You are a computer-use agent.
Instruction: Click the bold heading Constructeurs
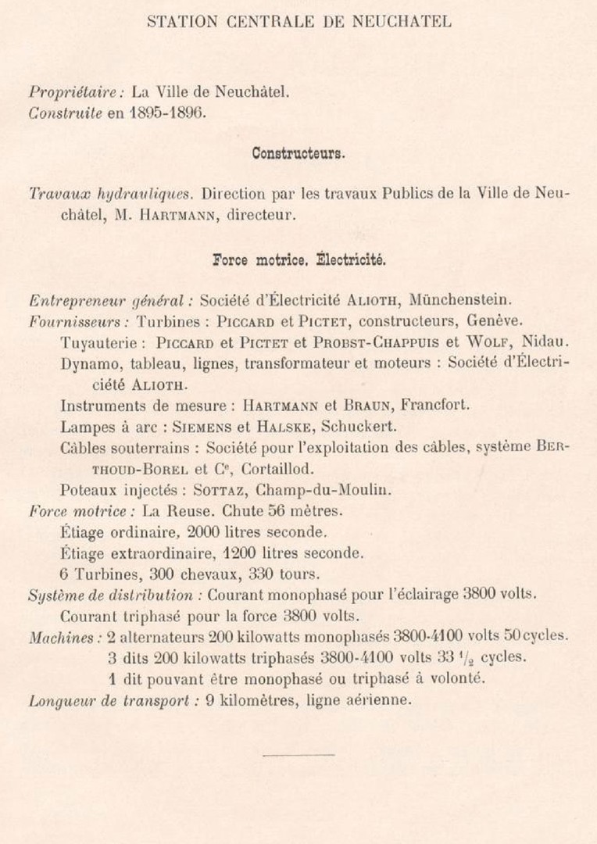pos(298,153)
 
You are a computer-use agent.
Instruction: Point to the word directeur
pos(261,214)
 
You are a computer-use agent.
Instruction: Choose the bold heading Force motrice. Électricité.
pos(298,258)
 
